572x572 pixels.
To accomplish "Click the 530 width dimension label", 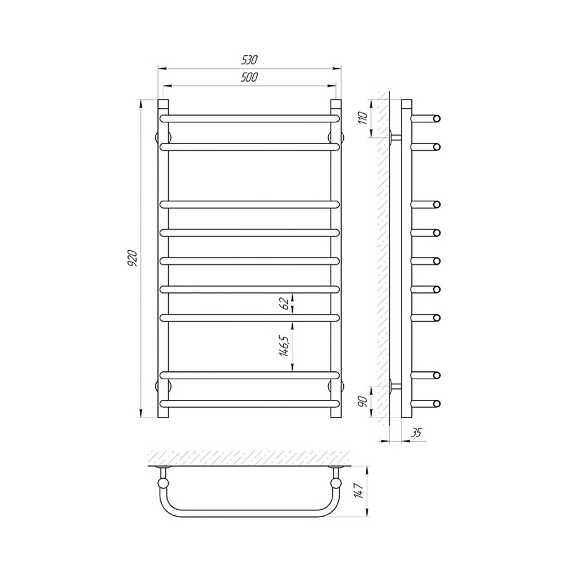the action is pos(249,59).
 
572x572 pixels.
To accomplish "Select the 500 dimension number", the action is pos(249,77).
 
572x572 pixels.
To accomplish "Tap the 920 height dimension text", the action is pos(132,259).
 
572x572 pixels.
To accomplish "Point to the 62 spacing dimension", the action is pos(285,303).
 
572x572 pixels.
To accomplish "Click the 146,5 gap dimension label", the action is pos(285,345).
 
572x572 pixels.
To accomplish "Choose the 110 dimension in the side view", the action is pos(364,118).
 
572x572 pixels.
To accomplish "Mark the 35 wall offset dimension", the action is pos(416,432).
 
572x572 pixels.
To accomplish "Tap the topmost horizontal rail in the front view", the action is pos(250,118).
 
